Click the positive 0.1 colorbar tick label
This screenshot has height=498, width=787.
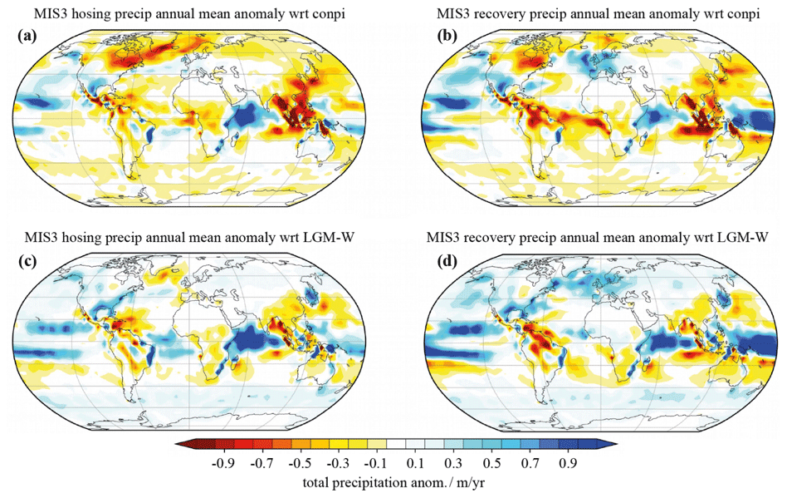415,462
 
